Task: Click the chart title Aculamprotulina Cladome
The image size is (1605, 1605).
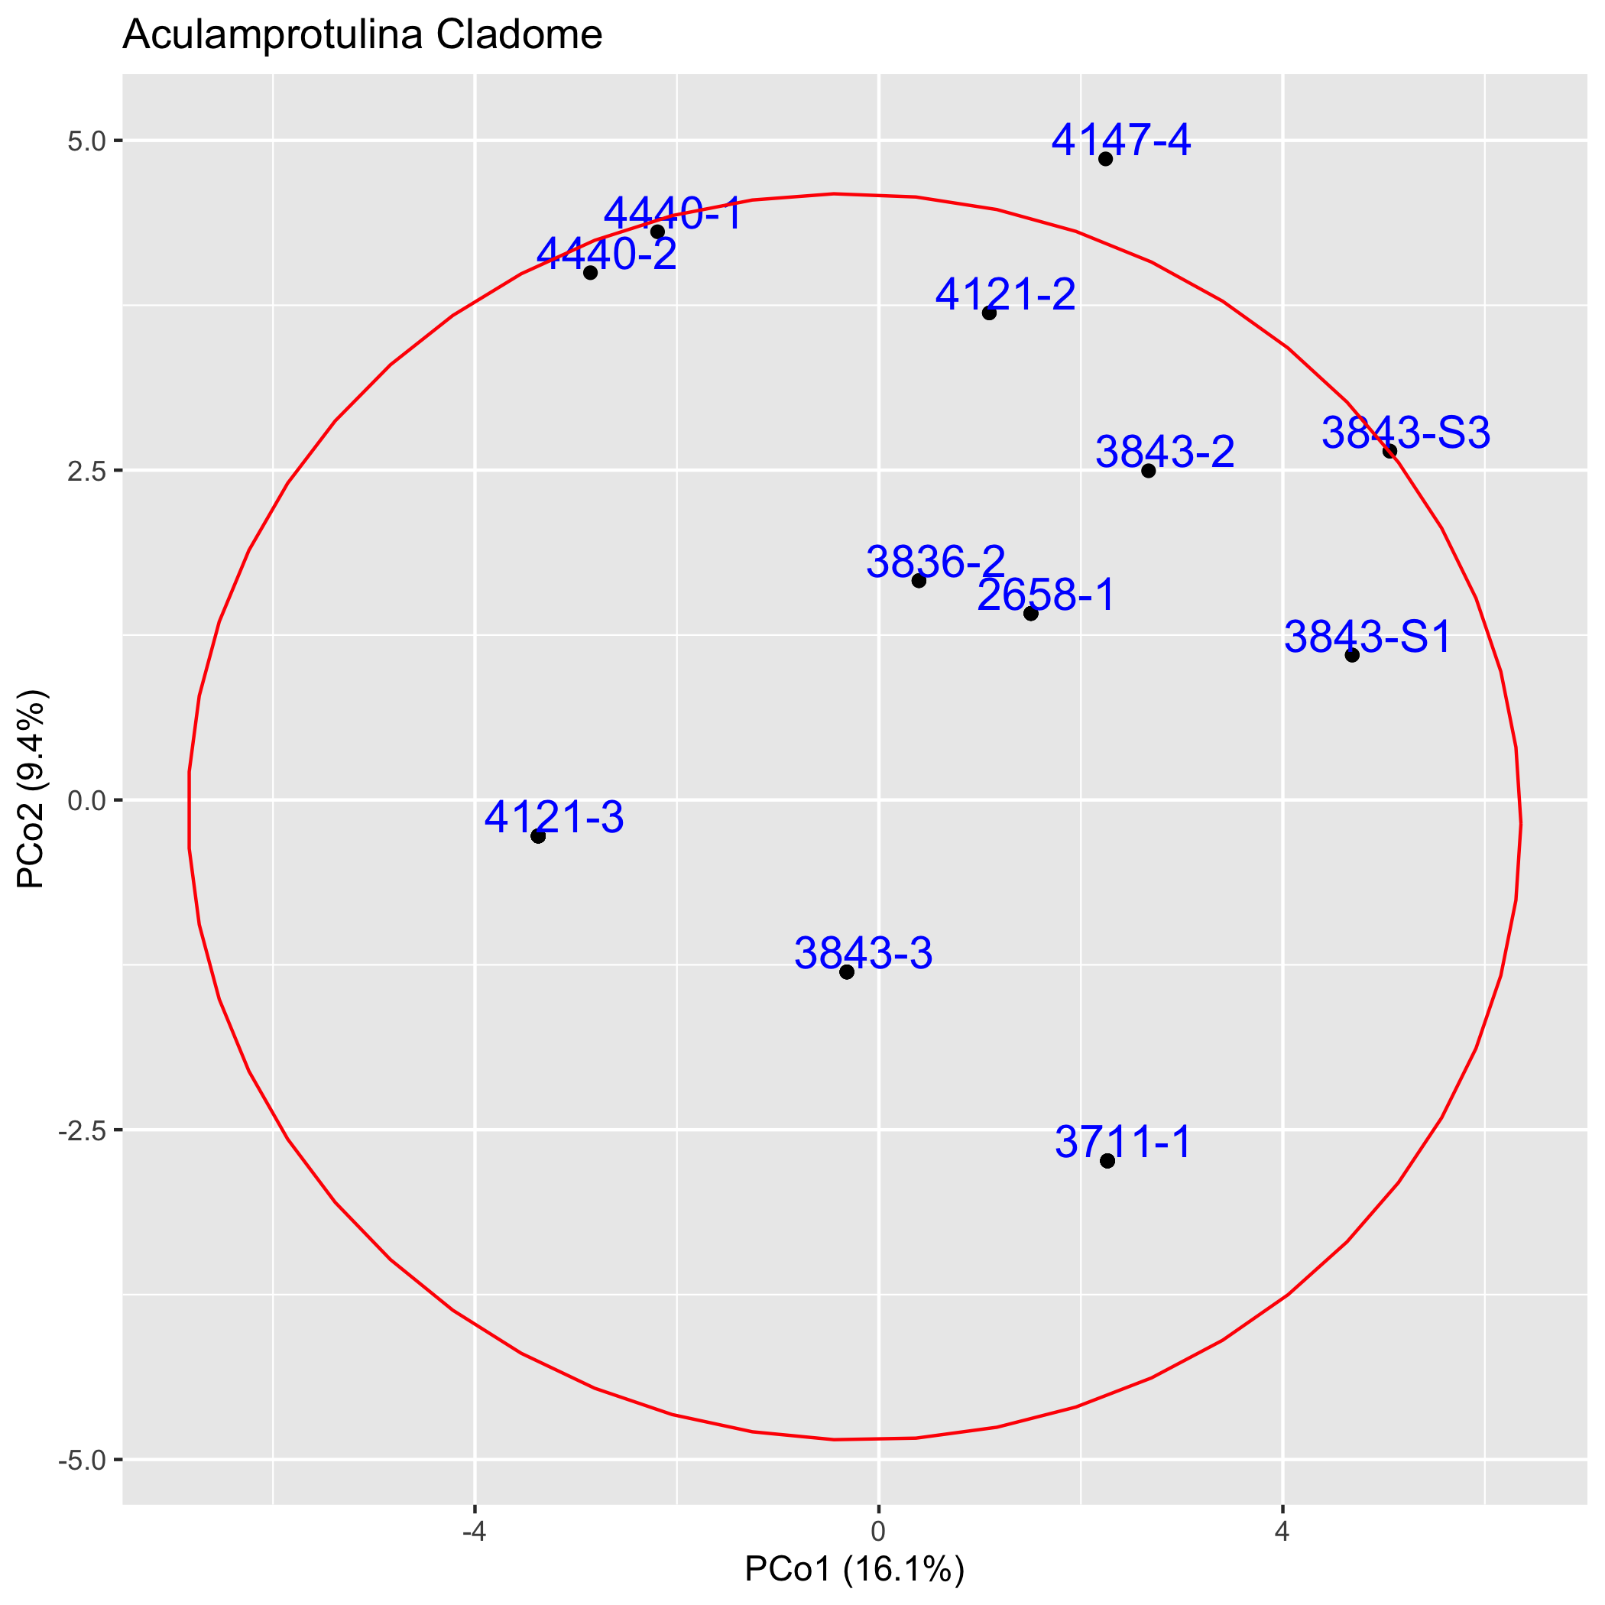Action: pyautogui.click(x=362, y=35)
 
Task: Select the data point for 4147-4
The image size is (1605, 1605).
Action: pyautogui.click(x=1105, y=159)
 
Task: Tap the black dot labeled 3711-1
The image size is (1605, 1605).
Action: pyautogui.click(x=1107, y=1160)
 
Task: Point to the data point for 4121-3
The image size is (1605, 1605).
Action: pyautogui.click(x=538, y=835)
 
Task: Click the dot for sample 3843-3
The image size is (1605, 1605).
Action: pyautogui.click(x=847, y=972)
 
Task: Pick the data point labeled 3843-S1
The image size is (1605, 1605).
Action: pyautogui.click(x=1351, y=656)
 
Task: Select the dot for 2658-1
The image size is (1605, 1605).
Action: pyautogui.click(x=1031, y=614)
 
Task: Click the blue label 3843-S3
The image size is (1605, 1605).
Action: pyautogui.click(x=1406, y=433)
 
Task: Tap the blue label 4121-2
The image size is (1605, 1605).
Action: pyautogui.click(x=1005, y=295)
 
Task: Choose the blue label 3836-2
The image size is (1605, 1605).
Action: pyautogui.click(x=935, y=563)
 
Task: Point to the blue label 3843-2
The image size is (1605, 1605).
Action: pyautogui.click(x=1165, y=452)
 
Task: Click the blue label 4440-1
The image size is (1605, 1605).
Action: pyautogui.click(x=672, y=213)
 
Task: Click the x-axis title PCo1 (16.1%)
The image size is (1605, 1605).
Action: pyautogui.click(x=854, y=1570)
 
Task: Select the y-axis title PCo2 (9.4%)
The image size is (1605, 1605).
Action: pyautogui.click(x=33, y=790)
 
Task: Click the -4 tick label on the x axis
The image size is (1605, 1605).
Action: pyautogui.click(x=474, y=1530)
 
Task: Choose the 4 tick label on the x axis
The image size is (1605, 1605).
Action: pyautogui.click(x=1282, y=1530)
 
